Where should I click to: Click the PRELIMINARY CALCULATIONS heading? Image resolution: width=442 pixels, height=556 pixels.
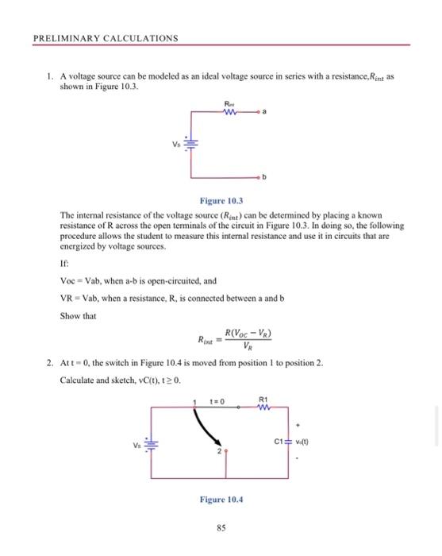click(106, 38)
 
